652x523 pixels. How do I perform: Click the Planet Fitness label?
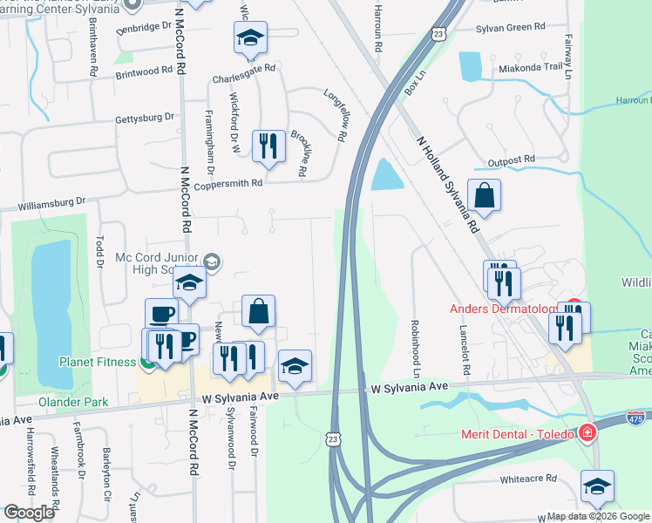(98, 362)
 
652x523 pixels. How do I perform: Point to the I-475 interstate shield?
(638, 419)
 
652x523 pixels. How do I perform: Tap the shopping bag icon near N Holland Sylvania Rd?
(484, 195)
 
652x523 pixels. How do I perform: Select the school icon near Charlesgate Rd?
(250, 37)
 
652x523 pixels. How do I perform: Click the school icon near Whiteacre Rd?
(597, 486)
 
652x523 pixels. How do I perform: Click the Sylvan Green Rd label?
(510, 29)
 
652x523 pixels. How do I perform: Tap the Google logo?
(29, 513)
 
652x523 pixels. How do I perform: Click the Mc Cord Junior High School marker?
(212, 261)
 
